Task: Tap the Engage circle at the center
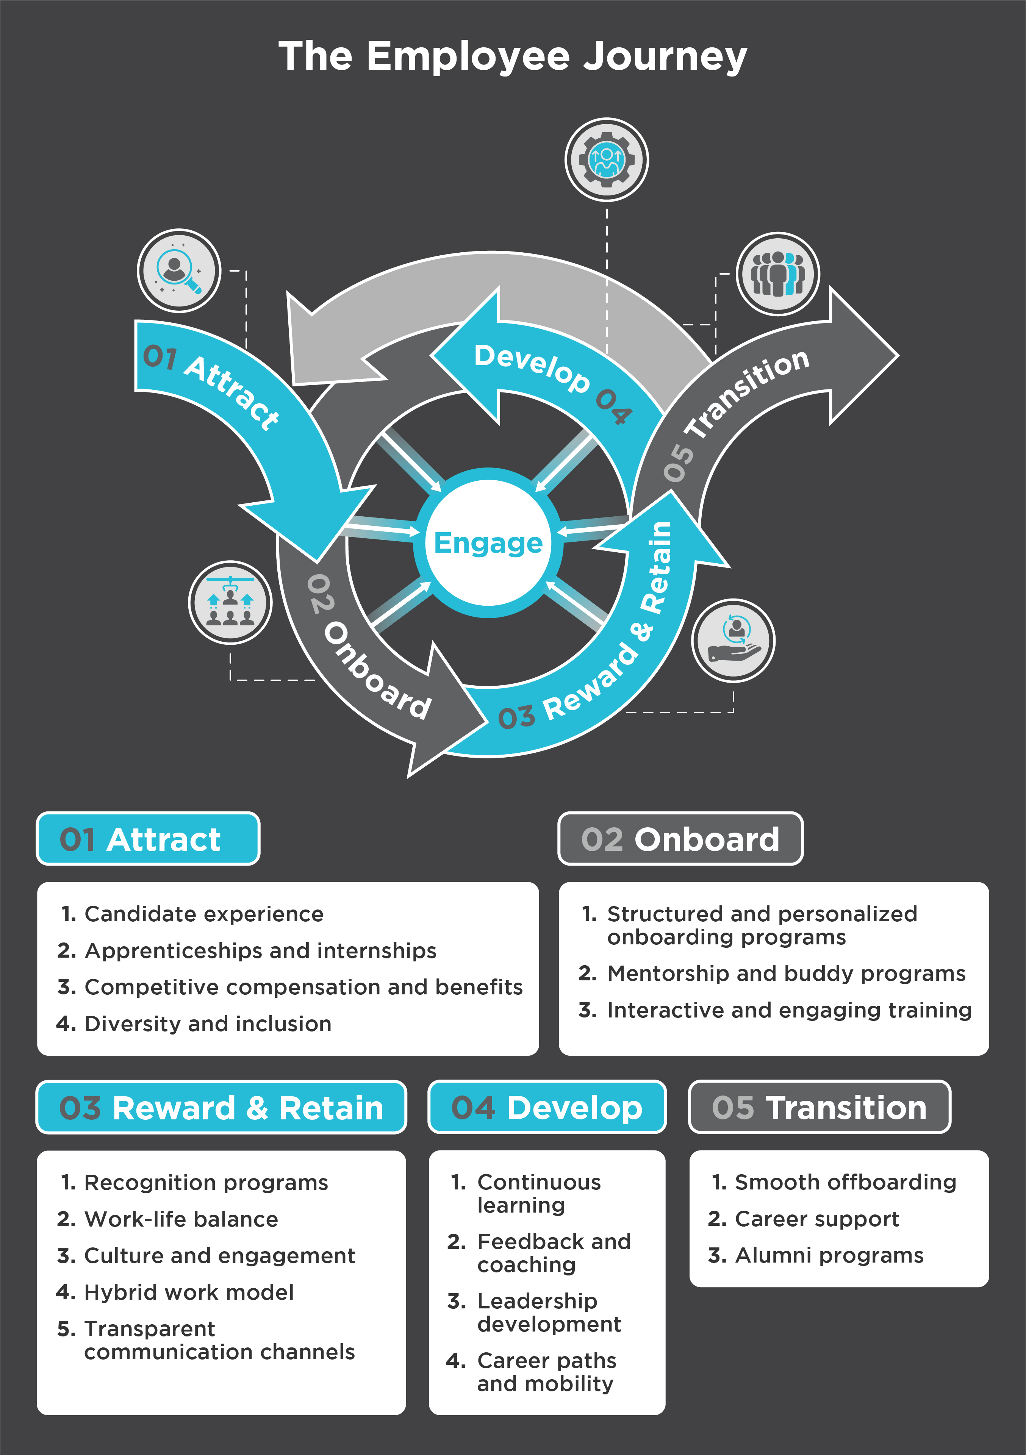[488, 543]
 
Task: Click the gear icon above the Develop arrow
[607, 160]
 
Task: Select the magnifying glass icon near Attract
[179, 270]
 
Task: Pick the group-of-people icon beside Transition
[777, 274]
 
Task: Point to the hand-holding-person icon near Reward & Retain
[733, 640]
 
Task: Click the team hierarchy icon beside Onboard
[230, 602]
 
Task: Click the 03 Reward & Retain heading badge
[221, 1108]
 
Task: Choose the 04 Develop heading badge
[547, 1108]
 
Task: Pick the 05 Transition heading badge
[820, 1108]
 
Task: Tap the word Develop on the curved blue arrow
[532, 367]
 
